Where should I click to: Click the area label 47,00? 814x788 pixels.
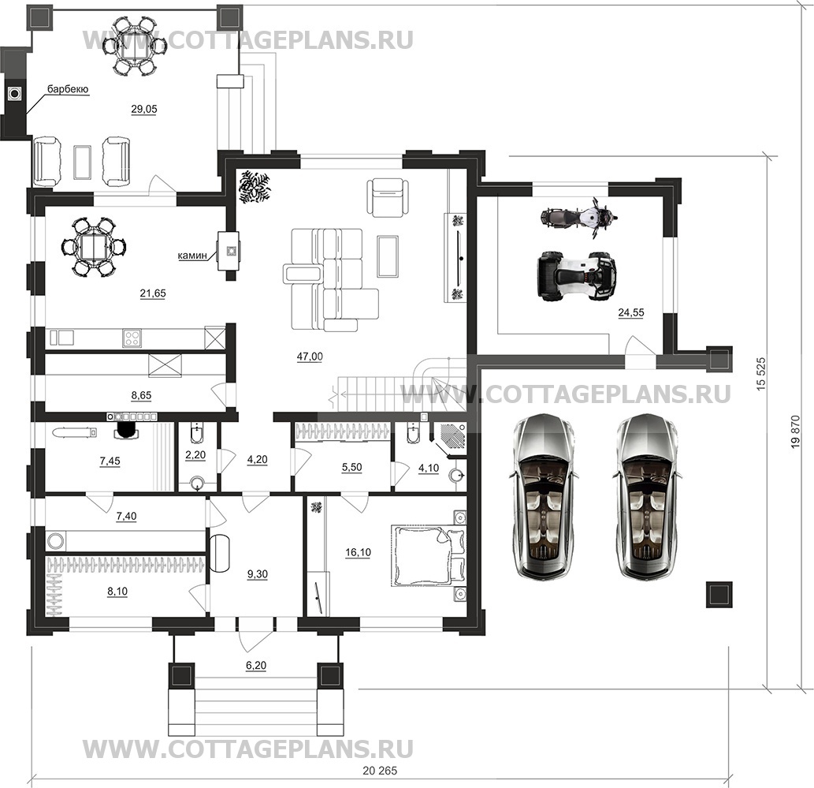[310, 357]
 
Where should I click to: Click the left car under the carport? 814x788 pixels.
[543, 497]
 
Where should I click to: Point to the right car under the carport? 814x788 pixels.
[647, 497]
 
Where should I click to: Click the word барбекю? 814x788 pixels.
[68, 91]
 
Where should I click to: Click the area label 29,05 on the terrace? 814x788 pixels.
[143, 110]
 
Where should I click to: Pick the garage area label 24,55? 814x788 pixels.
[630, 312]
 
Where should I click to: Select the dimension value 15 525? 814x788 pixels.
[760, 377]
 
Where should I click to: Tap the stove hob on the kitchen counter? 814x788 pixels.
[132, 338]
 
